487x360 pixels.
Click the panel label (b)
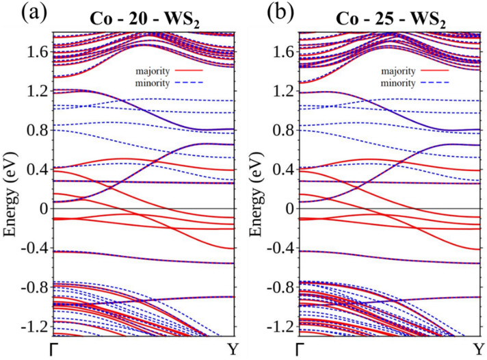263,14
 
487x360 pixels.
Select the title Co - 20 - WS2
144,15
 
